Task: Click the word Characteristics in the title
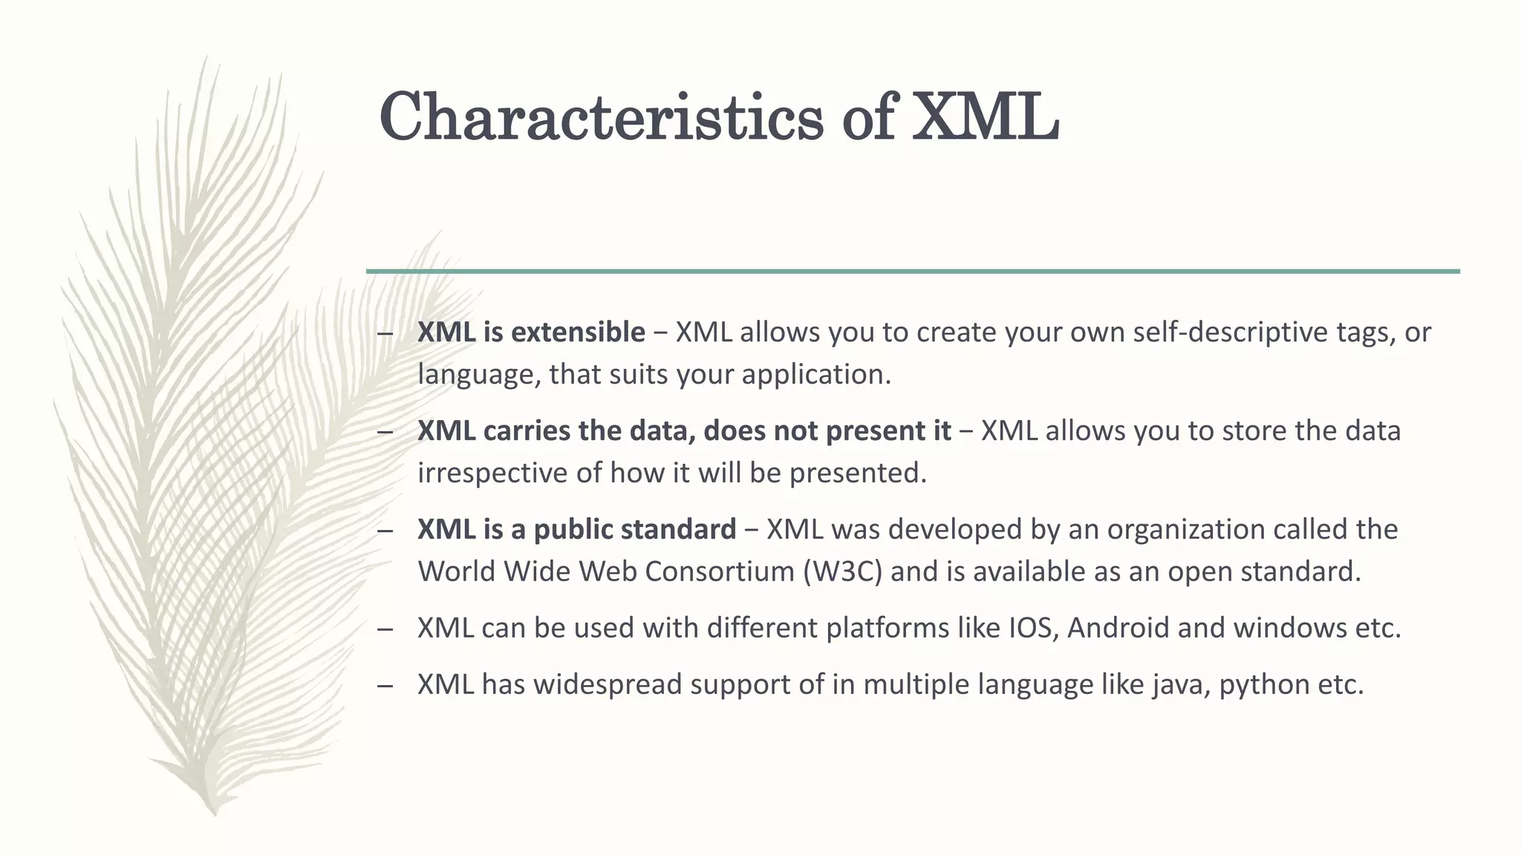(x=601, y=117)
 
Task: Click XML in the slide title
(x=985, y=117)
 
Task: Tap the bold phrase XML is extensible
(x=531, y=332)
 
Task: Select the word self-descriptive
(x=1233, y=332)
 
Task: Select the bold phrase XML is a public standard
(x=576, y=529)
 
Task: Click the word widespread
(x=607, y=684)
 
